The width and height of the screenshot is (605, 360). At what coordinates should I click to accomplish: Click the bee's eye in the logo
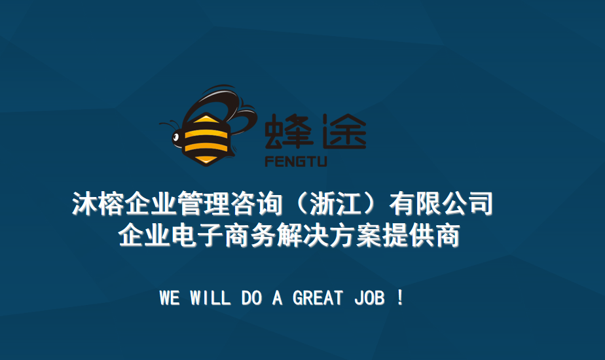click(176, 137)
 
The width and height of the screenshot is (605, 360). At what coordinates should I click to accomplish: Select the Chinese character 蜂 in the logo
click(289, 131)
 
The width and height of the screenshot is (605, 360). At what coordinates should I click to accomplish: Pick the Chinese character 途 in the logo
click(344, 131)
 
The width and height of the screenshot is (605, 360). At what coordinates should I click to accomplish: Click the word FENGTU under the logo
click(296, 161)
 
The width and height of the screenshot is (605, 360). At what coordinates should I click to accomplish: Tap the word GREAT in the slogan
click(318, 298)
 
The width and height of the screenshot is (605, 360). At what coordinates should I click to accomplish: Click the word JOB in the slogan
click(369, 298)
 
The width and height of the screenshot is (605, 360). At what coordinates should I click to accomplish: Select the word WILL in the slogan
click(210, 298)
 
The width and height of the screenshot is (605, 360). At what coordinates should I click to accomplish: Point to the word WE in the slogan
click(170, 298)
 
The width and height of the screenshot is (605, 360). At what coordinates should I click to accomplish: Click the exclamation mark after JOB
click(399, 298)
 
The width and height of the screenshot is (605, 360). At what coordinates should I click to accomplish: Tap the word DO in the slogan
click(251, 298)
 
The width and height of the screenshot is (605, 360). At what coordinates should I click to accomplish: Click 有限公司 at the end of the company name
click(441, 204)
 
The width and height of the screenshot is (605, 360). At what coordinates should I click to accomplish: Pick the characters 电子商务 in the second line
click(223, 235)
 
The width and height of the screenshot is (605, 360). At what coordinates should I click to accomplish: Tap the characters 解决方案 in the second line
click(329, 235)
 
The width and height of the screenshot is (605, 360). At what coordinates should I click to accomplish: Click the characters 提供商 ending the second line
click(421, 235)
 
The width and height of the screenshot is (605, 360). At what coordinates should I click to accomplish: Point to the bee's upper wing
click(216, 101)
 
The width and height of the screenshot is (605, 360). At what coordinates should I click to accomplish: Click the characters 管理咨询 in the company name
click(230, 204)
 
